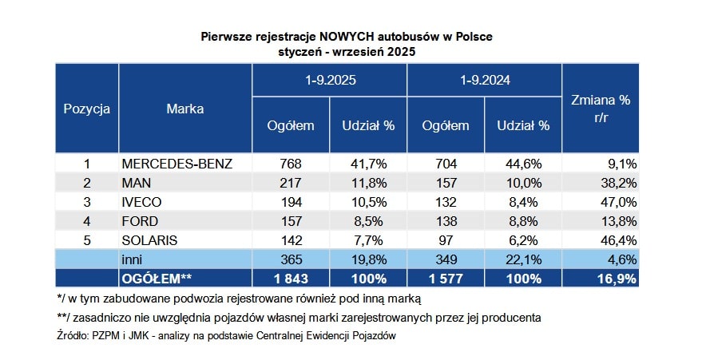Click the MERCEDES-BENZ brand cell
(176, 164)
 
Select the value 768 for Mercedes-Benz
(291, 164)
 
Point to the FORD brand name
(140, 220)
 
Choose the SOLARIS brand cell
(149, 239)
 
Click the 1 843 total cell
(291, 278)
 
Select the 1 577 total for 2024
(446, 278)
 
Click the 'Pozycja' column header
(86, 109)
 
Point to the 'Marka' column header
(185, 109)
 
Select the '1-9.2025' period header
(330, 81)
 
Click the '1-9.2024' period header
(485, 81)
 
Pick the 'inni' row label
(133, 259)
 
